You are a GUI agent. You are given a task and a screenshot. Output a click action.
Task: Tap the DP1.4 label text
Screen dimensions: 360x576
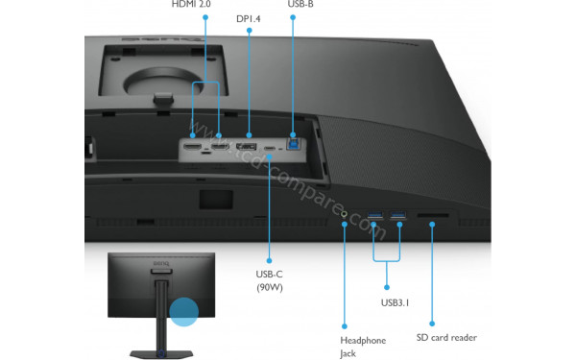[247, 18]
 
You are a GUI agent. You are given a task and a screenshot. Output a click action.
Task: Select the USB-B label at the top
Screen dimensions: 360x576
[300, 4]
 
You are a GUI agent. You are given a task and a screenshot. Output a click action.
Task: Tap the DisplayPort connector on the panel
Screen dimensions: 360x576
[247, 147]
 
